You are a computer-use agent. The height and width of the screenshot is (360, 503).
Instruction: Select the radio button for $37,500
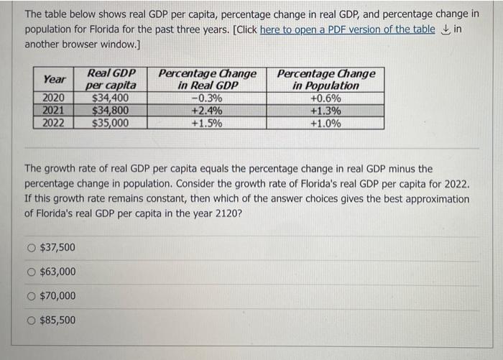31,248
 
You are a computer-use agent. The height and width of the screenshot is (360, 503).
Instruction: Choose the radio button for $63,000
31,272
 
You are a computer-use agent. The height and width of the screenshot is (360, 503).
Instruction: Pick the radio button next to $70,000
31,296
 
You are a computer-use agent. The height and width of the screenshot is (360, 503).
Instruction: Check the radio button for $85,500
31,320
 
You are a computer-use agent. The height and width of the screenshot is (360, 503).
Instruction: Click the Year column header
54,79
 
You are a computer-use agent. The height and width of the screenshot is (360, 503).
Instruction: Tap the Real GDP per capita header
111,79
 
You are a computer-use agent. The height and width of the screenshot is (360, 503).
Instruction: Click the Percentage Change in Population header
326,79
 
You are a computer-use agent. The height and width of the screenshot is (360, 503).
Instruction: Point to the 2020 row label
54,98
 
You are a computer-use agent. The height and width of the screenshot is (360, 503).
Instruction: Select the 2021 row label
54,111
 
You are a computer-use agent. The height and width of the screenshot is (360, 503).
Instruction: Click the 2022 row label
54,123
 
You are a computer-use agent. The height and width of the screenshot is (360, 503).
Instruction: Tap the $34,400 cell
111,98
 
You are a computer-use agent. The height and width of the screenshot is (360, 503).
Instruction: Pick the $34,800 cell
111,111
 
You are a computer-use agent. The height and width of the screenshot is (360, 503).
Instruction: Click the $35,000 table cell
111,123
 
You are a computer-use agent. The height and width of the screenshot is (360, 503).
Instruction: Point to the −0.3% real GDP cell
206,98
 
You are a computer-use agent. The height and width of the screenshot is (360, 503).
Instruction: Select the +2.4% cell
206,111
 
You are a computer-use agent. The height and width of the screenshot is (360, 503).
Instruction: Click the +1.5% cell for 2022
206,123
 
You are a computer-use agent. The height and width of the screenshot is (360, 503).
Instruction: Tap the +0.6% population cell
326,98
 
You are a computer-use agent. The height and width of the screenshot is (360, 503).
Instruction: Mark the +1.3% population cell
326,111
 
